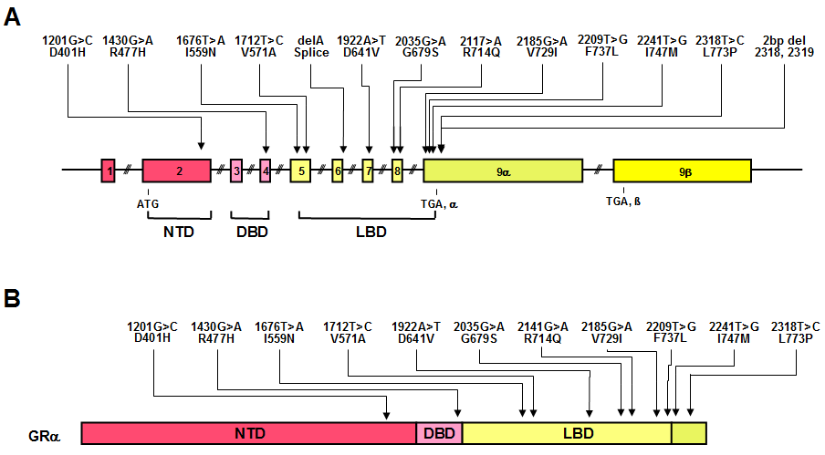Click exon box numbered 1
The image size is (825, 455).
(x=109, y=170)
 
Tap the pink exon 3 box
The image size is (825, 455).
(x=235, y=170)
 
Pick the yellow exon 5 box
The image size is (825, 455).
(x=300, y=170)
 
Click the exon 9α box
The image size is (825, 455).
(x=503, y=170)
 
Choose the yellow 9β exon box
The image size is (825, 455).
(x=682, y=170)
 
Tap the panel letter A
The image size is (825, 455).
(x=13, y=17)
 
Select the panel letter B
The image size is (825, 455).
(x=13, y=298)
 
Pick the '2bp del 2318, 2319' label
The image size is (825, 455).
(x=786, y=47)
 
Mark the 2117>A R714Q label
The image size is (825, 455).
(x=481, y=47)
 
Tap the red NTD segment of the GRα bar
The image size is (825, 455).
(x=248, y=432)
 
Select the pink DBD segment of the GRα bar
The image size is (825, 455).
(x=439, y=432)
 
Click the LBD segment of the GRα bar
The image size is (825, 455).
(x=566, y=432)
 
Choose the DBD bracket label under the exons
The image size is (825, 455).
(x=252, y=232)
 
